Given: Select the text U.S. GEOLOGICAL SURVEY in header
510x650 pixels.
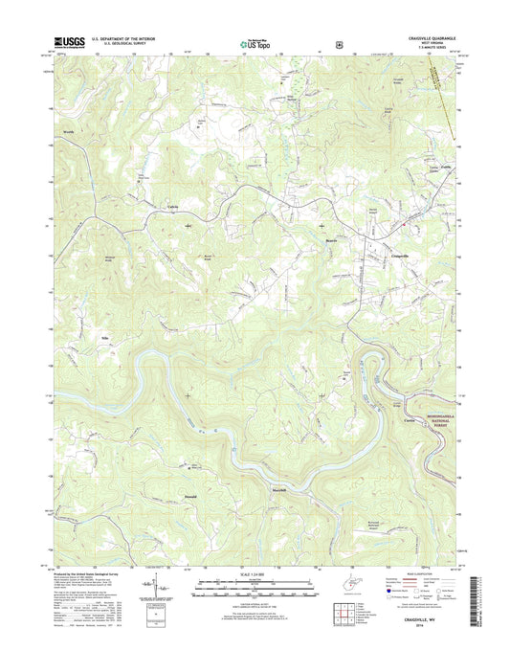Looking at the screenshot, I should tap(122, 43).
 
